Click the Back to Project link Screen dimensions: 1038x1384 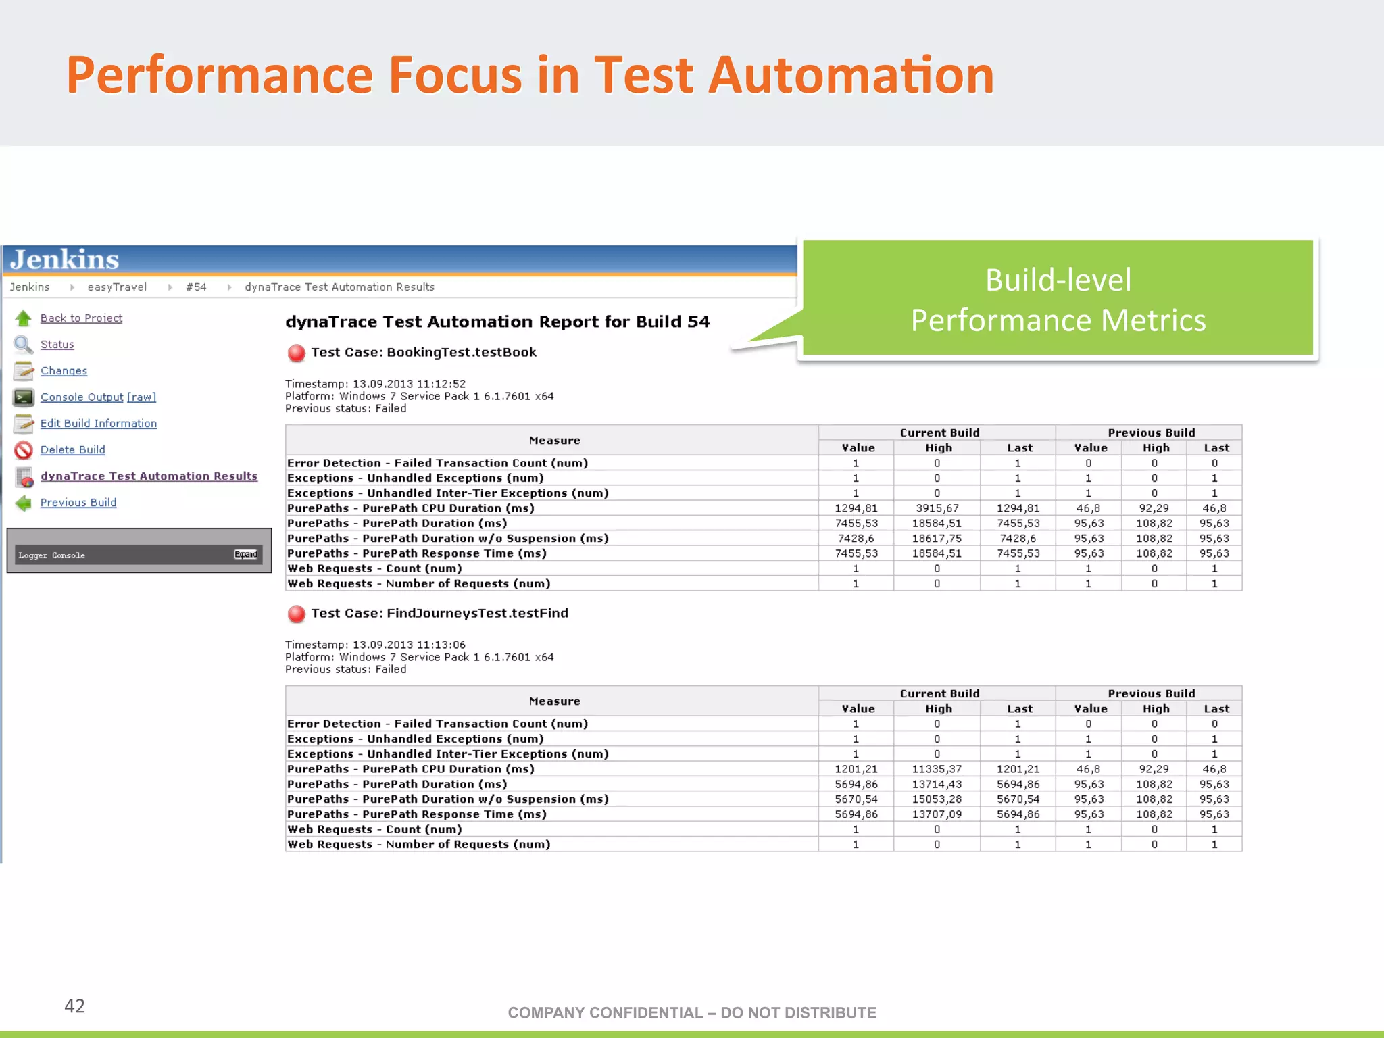coord(81,318)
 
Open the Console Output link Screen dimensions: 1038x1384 coord(82,397)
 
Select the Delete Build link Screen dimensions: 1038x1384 coord(72,449)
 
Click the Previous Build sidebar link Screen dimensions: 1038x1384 coord(78,502)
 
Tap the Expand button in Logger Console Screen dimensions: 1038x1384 coord(245,554)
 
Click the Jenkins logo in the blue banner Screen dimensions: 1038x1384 coord(65,259)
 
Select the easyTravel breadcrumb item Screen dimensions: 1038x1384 coord(117,287)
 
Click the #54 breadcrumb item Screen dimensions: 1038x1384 coord(196,287)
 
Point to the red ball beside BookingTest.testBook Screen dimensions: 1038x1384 coord(296,353)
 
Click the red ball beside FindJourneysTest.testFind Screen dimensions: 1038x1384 coord(296,614)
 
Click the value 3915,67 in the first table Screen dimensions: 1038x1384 coord(937,508)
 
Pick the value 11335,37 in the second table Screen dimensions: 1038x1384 coord(937,769)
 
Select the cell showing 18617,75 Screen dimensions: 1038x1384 coord(937,538)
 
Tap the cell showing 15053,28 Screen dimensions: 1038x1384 coord(937,799)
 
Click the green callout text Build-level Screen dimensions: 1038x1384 coord(1058,280)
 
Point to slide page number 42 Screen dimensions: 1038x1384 coord(74,1006)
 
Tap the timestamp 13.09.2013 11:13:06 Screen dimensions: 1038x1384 coord(409,645)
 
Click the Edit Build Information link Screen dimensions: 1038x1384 coord(99,423)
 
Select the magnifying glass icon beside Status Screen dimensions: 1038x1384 coord(24,345)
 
